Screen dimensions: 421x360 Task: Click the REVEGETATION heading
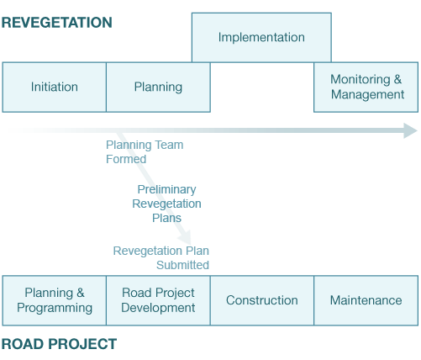[x=57, y=23]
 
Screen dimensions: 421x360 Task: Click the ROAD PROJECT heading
[x=59, y=344]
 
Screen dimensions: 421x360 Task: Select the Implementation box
[x=261, y=37]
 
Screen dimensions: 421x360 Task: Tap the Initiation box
[x=55, y=87]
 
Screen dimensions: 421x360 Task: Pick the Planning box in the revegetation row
[x=158, y=87]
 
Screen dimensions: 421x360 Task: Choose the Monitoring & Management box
[x=366, y=87]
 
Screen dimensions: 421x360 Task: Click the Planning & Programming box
[x=55, y=300]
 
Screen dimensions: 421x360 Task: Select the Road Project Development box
[x=158, y=300]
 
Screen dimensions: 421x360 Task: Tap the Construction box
[x=262, y=300]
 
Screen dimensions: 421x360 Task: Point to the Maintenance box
[x=366, y=300]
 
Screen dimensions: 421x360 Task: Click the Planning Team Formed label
[x=145, y=152]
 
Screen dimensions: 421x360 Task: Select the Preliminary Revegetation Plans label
[x=166, y=204]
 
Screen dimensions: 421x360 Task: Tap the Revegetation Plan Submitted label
[x=161, y=257]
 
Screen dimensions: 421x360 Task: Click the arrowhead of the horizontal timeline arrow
[x=411, y=130]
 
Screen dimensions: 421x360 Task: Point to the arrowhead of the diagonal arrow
[x=186, y=238]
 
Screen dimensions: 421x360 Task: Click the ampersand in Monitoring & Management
[x=397, y=79]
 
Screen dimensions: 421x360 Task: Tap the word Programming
[x=55, y=308]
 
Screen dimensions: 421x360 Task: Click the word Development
[x=158, y=308]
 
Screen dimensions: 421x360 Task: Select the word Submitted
[x=182, y=265]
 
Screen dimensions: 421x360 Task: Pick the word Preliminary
[x=166, y=190]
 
